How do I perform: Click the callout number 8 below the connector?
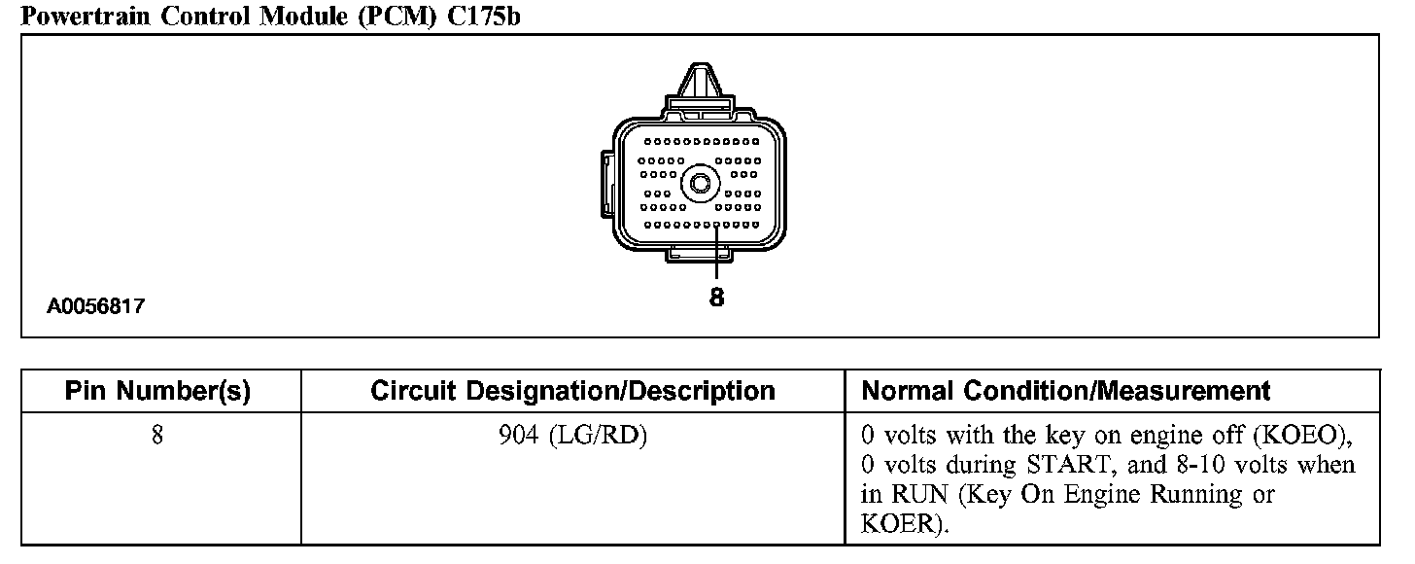click(x=716, y=298)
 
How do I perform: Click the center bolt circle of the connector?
click(x=698, y=183)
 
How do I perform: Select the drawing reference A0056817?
click(x=96, y=307)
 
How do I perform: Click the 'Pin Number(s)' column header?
click(x=157, y=392)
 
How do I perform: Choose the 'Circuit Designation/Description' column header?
click(x=572, y=392)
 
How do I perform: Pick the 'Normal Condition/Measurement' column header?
click(x=1066, y=392)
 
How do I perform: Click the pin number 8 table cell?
click(x=156, y=435)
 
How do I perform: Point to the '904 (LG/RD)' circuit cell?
click(x=572, y=435)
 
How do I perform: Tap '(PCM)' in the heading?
click(x=397, y=16)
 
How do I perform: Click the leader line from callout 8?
click(x=716, y=255)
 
